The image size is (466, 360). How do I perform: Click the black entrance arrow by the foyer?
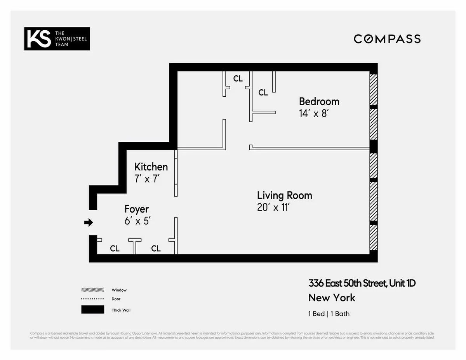[x=89, y=223]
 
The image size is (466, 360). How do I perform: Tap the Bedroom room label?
[x=319, y=102]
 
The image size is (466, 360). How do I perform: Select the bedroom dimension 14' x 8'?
[x=314, y=113]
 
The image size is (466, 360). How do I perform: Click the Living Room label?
[x=284, y=195]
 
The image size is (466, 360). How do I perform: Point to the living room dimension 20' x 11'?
[x=273, y=207]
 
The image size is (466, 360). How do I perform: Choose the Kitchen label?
[x=151, y=167]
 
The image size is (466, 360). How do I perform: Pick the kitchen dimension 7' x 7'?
[x=147, y=179]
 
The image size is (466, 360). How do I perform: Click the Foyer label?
[x=136, y=209]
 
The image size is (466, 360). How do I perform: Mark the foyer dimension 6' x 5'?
[x=137, y=221]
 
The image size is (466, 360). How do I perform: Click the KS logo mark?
[x=39, y=39]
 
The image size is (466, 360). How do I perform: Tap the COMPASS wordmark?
[x=387, y=39]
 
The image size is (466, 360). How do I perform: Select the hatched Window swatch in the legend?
[x=92, y=290]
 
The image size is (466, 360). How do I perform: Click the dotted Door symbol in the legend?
[x=92, y=299]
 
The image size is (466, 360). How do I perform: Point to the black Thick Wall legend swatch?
[x=92, y=310]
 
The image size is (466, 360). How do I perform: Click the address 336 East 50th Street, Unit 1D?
[x=362, y=283]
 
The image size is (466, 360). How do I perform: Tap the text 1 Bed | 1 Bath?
[x=329, y=314]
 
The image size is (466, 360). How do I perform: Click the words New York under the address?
[x=332, y=298]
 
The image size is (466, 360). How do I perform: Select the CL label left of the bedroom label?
[x=263, y=93]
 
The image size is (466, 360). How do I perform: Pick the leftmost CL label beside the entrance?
[x=115, y=249]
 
